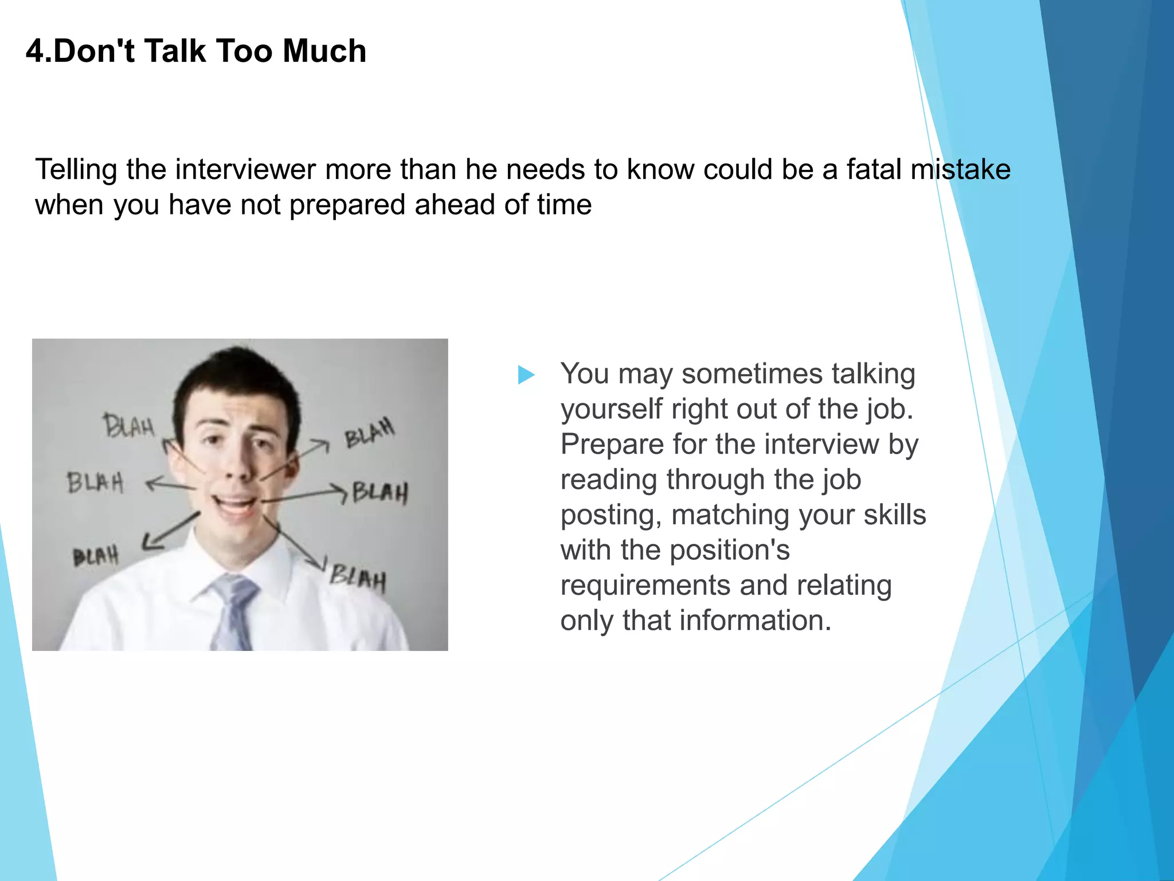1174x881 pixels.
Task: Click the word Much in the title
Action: [324, 51]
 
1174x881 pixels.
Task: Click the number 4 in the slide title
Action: [35, 51]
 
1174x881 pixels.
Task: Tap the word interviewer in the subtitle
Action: [245, 170]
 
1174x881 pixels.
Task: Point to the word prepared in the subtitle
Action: [347, 205]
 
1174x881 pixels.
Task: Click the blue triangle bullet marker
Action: [526, 375]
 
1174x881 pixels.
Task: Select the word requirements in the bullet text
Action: [645, 586]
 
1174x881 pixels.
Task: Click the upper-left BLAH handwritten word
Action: [129, 426]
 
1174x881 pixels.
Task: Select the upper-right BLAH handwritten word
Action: [370, 433]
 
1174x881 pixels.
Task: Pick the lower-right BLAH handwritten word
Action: [358, 577]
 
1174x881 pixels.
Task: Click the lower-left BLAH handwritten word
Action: [96, 556]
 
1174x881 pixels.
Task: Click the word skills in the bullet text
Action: [894, 515]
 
